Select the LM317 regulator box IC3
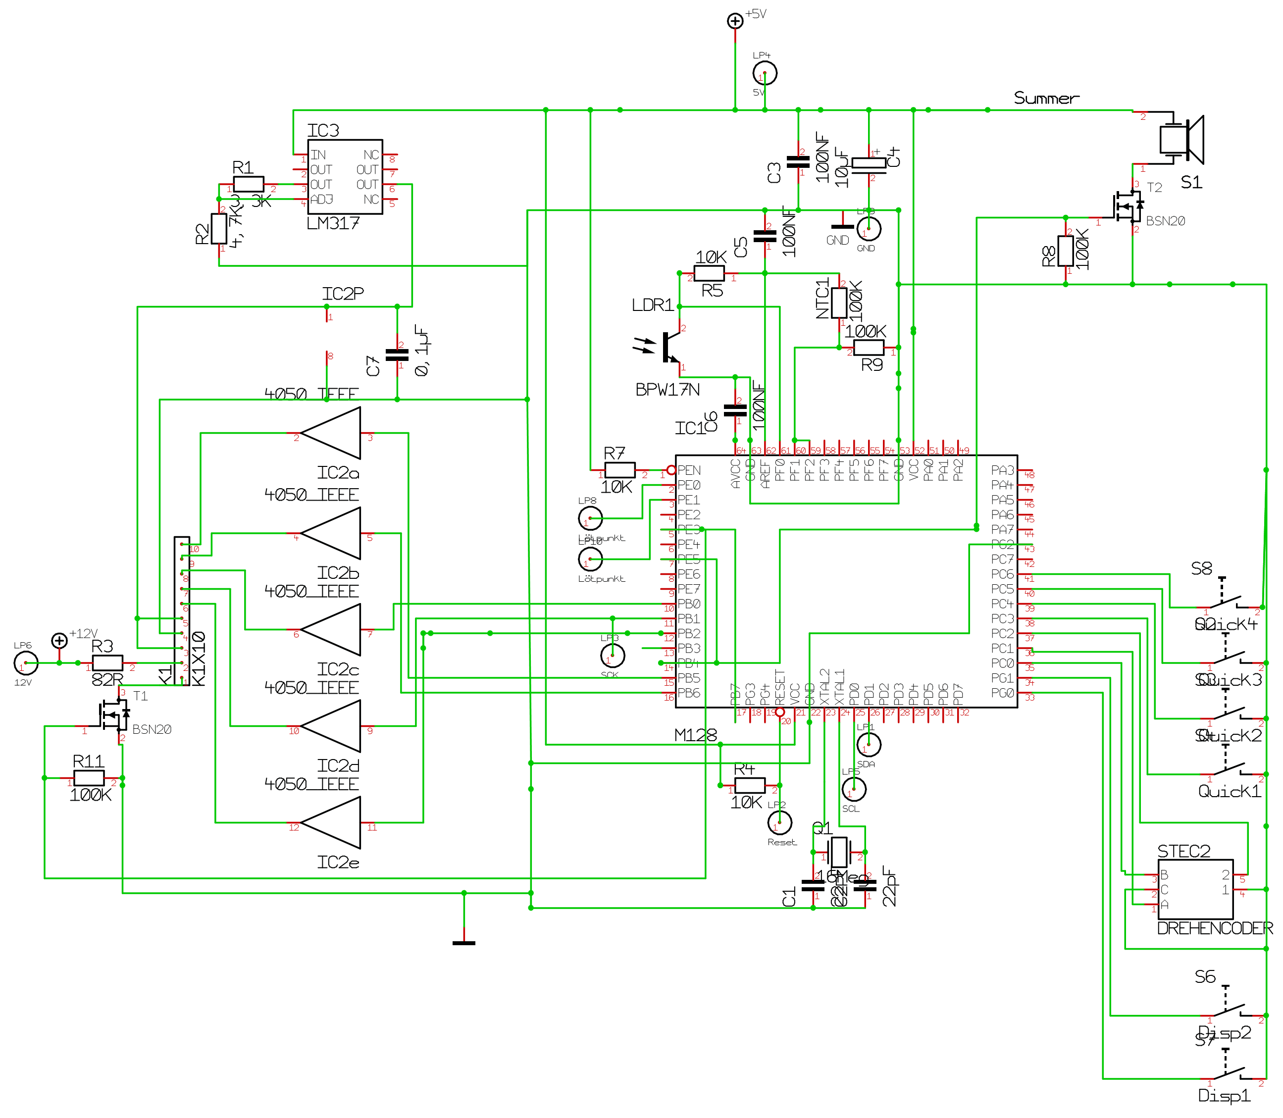tap(345, 177)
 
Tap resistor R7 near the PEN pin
tap(619, 470)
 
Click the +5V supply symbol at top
tap(735, 21)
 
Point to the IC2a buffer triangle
tap(331, 433)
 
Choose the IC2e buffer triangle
tap(331, 823)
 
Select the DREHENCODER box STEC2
tap(1195, 890)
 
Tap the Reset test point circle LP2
tap(779, 822)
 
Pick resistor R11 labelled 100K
tap(89, 778)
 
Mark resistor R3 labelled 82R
tap(107, 663)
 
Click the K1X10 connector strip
tap(182, 611)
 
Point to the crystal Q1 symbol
tap(839, 852)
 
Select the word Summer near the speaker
tap(1046, 98)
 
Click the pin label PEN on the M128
tap(689, 470)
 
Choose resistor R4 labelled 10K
tap(750, 785)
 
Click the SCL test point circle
tap(854, 790)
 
